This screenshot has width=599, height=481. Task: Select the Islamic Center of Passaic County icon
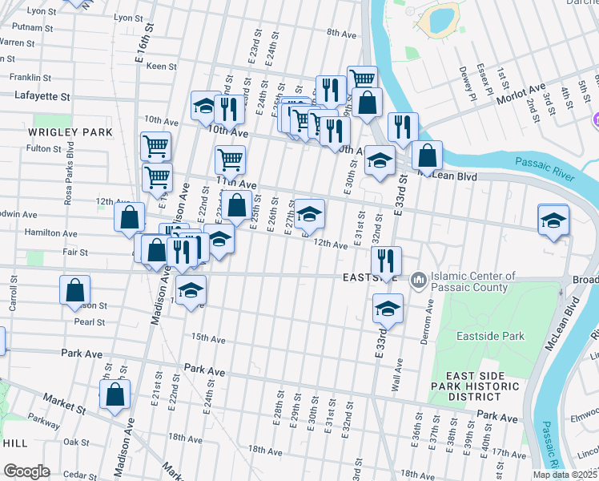pos(418,281)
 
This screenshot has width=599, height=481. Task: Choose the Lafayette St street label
pos(42,95)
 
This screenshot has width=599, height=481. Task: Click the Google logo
pos(26,471)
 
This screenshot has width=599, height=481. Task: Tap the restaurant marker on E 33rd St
pos(387,261)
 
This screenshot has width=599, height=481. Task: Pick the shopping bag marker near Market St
pos(115,394)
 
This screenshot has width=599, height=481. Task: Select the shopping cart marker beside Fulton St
pos(155,147)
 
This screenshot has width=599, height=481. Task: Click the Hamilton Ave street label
pos(52,234)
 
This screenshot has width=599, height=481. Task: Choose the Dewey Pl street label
pos(462,79)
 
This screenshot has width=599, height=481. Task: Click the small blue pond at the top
pos(440,18)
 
